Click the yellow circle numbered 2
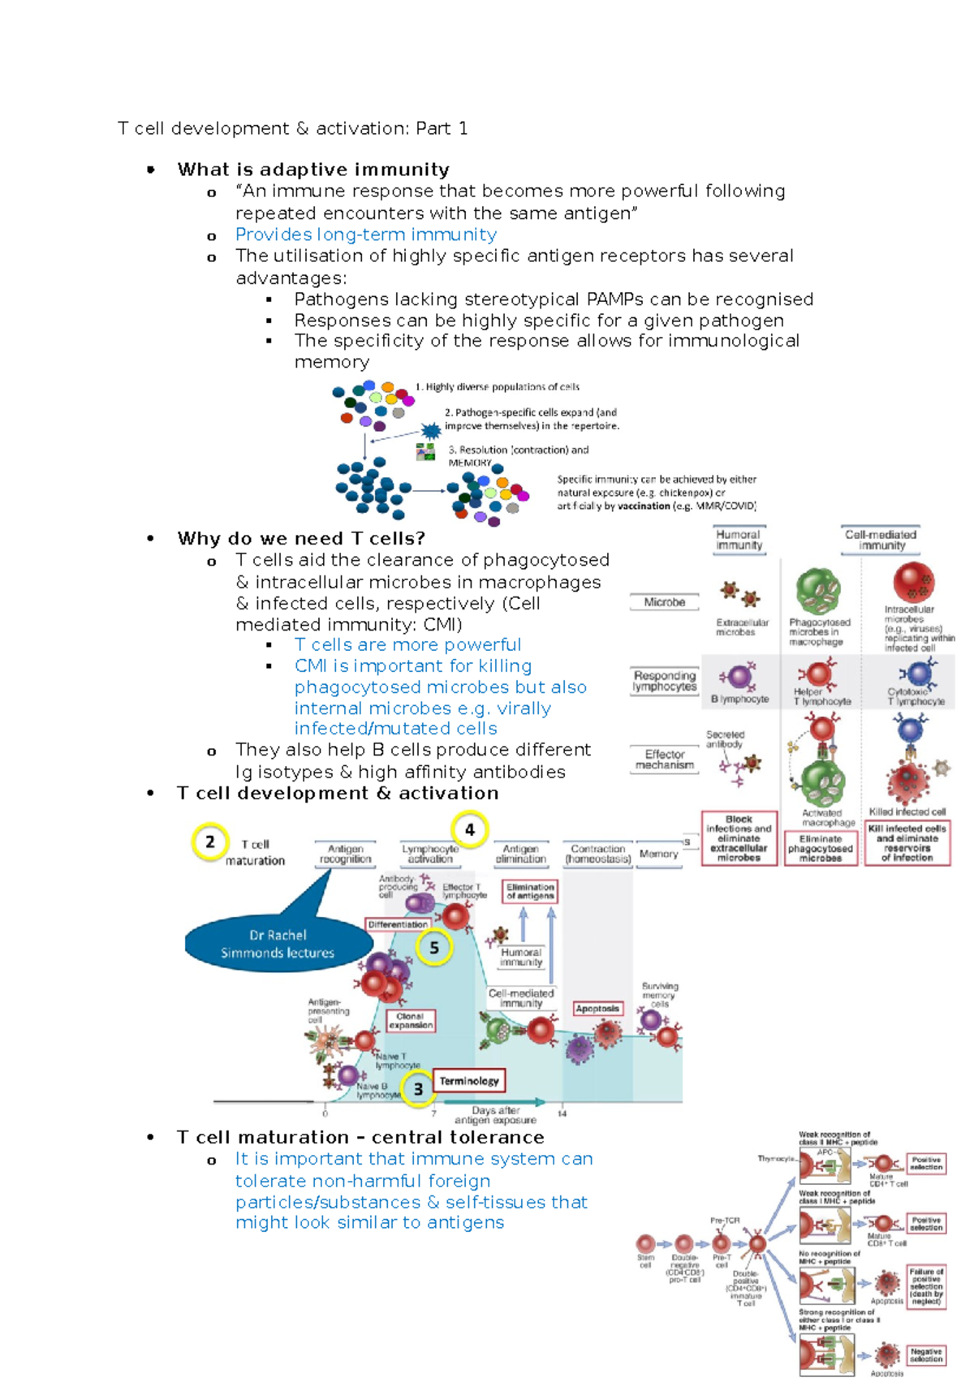coord(210,842)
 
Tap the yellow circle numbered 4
coord(469,829)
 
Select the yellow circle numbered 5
coord(434,947)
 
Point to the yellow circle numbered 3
coord(418,1088)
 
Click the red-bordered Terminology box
coord(469,1080)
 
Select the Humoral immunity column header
coord(739,540)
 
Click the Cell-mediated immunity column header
coord(881,540)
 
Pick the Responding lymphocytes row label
coord(665,680)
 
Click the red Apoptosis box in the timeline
coord(597,1009)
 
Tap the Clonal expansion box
coord(411,1020)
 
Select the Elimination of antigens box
coord(530,891)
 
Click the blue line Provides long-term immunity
coord(366,235)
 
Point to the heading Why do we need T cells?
coord(301,538)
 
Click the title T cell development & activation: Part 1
coord(292,128)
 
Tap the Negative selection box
coord(926,1354)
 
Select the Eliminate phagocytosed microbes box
coord(821,848)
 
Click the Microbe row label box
coord(664,602)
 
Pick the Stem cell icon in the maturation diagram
coord(645,1243)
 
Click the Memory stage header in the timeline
coord(658,853)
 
